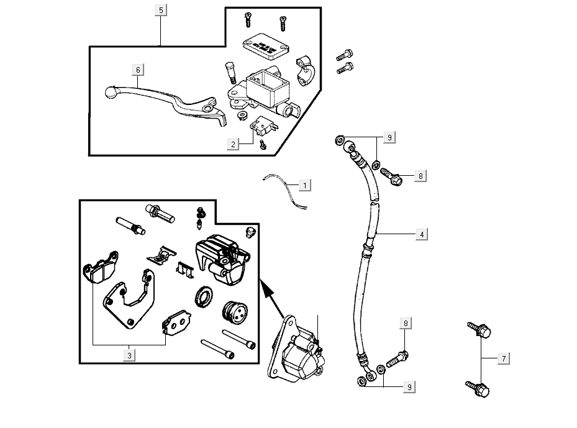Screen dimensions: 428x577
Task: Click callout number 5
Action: (161, 11)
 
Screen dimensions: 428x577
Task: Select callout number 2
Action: (233, 144)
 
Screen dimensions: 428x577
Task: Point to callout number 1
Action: (304, 185)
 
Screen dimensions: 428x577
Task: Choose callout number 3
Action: (129, 355)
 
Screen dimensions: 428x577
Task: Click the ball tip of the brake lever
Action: (111, 92)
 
